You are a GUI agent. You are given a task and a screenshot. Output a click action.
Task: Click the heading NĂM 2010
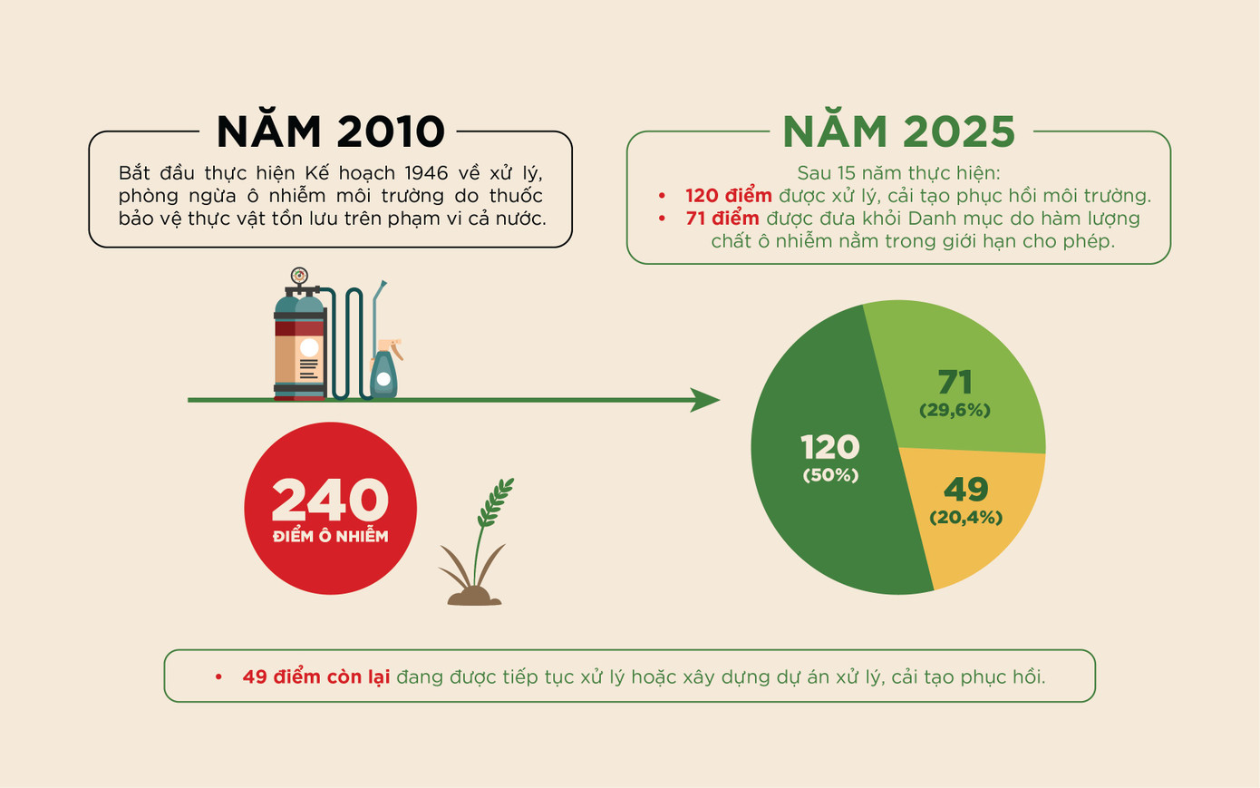click(331, 132)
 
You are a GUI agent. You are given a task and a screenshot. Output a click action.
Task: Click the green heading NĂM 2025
click(898, 132)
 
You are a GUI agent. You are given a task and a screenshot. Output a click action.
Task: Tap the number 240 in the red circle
click(330, 499)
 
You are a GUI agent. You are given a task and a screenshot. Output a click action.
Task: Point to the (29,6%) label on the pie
click(955, 410)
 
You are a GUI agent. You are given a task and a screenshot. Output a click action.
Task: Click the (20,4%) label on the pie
click(965, 518)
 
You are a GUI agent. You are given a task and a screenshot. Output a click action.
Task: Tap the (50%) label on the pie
click(830, 475)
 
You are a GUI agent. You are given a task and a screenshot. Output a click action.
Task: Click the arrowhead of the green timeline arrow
click(705, 400)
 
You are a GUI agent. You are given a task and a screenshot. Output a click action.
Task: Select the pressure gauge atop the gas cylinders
click(299, 276)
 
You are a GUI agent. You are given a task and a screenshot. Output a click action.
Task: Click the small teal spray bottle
click(383, 372)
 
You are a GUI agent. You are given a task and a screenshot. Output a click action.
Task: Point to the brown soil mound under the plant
click(474, 596)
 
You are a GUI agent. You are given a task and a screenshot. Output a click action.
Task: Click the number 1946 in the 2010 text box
click(426, 172)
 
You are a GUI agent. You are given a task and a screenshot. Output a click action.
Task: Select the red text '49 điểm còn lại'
click(315, 676)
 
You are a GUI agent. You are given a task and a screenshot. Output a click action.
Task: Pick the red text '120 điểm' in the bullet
click(728, 195)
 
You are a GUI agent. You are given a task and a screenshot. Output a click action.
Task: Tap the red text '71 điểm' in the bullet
click(722, 218)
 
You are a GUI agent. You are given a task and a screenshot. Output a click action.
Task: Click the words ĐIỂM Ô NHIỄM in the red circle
click(330, 537)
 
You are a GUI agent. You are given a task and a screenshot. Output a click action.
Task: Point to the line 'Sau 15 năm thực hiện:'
click(898, 172)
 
